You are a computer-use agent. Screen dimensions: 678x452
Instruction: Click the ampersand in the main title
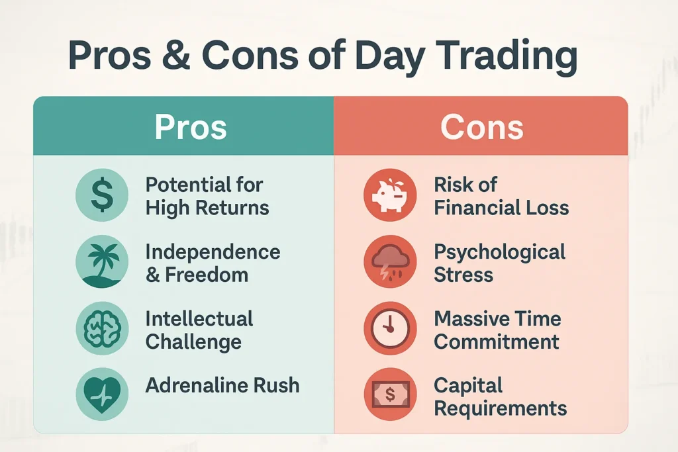177,56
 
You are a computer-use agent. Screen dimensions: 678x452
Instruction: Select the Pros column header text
191,127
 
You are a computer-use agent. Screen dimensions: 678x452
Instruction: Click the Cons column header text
482,127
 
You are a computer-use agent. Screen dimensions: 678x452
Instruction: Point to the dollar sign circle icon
102,195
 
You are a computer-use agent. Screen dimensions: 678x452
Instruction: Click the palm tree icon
102,262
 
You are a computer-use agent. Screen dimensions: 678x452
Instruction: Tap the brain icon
102,328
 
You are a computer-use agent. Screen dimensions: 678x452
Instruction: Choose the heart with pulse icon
102,394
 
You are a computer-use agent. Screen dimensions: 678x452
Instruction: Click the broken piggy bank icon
390,195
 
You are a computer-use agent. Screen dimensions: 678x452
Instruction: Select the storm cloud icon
390,262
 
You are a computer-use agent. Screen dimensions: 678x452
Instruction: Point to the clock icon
390,328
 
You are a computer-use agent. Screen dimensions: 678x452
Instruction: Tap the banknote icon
390,394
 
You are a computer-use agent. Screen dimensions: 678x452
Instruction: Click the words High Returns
207,208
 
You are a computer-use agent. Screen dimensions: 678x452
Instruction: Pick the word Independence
213,252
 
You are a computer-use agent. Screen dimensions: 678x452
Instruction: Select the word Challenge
193,342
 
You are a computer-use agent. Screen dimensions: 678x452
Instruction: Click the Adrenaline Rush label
222,385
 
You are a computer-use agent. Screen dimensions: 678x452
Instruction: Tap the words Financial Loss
501,207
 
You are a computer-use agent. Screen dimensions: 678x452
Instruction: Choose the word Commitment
497,341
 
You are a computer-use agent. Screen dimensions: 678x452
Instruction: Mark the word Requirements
501,409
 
